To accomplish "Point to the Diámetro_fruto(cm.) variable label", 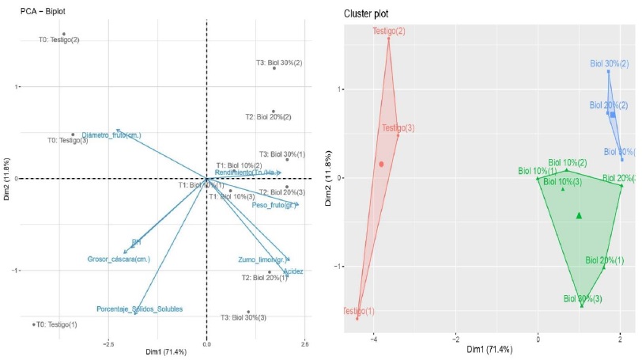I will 111,135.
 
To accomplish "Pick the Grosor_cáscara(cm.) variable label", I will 119,259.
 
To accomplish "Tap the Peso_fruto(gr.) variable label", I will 273,205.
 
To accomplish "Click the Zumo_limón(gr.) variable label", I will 261,260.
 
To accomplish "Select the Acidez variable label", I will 293,271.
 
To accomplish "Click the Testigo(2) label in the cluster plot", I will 388,31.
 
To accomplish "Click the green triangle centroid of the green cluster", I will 580,215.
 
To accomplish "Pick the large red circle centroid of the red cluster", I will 381,165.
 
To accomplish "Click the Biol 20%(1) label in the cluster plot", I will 604,260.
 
